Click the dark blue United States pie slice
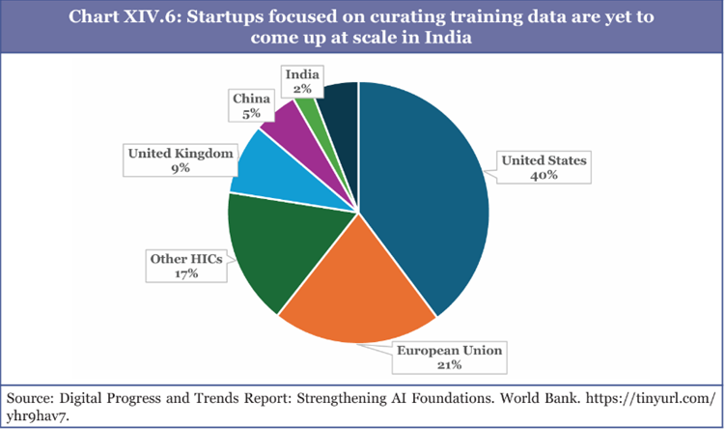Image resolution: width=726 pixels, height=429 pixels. pos(425,193)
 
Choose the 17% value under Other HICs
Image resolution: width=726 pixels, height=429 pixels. pos(186,273)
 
